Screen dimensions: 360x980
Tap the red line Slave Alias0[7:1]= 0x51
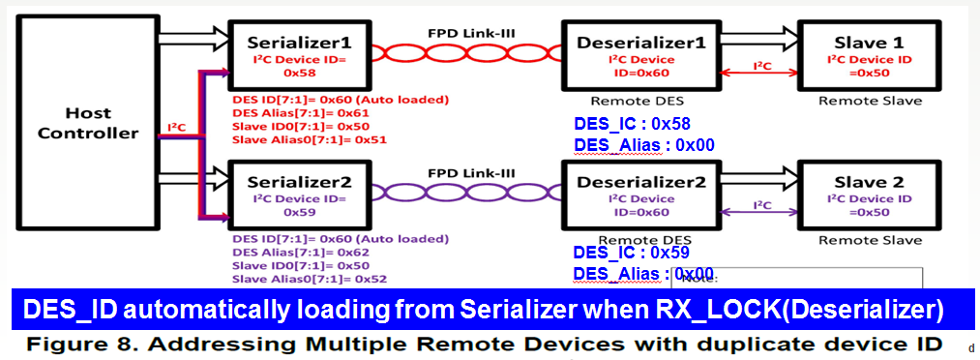click(303, 139)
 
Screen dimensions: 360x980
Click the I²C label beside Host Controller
click(176, 127)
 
